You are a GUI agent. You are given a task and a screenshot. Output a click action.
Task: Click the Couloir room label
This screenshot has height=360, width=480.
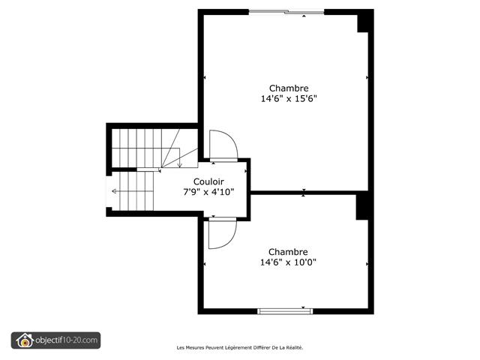[209, 181]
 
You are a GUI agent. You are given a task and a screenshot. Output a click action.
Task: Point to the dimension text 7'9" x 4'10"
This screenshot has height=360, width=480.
[209, 192]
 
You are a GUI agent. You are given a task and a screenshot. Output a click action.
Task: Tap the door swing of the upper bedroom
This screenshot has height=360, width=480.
[222, 145]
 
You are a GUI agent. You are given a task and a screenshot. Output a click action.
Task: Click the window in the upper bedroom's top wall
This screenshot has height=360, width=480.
[286, 11]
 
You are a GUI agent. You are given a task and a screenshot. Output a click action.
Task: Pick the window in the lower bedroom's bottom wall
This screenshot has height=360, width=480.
[285, 310]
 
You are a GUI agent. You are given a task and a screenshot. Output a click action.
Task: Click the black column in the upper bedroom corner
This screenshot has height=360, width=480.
[364, 22]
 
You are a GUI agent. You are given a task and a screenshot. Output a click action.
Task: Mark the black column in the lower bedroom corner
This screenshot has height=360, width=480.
[363, 206]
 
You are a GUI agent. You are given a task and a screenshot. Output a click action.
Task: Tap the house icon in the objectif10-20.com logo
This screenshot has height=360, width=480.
[24, 340]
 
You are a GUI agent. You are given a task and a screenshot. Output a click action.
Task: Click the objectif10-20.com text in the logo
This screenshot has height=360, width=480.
[67, 340]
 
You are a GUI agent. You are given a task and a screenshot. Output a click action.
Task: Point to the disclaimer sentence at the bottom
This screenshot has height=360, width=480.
[239, 347]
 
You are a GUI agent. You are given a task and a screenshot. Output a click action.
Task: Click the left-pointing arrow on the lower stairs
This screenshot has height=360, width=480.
[114, 191]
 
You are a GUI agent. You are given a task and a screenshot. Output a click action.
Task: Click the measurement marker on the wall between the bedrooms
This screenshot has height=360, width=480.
[304, 193]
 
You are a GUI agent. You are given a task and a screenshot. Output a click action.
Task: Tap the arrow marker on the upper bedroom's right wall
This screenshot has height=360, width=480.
[367, 77]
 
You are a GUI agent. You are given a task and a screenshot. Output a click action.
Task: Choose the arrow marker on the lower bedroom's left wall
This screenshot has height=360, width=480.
[205, 264]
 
